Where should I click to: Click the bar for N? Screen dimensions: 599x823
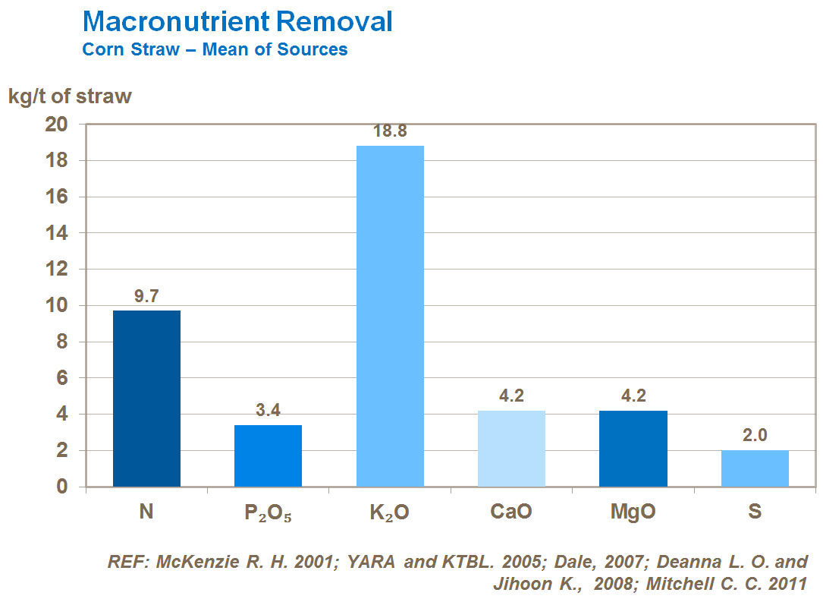point(146,399)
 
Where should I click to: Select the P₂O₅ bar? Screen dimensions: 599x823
point(268,456)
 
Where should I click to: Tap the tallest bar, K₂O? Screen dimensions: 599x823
point(390,316)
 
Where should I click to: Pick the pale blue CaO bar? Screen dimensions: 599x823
point(511,449)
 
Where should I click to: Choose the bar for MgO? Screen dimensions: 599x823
point(633,449)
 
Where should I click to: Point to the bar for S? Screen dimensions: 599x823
point(755,468)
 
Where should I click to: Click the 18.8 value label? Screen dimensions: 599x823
point(390,131)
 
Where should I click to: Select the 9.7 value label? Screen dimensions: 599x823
point(146,296)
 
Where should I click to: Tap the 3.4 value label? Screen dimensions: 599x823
point(268,411)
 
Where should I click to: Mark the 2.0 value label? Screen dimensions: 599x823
point(755,436)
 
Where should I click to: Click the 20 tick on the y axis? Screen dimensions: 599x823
point(58,125)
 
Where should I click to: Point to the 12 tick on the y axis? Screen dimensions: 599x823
point(58,270)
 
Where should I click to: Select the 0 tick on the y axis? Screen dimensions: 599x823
point(64,487)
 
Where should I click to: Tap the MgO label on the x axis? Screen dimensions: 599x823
point(633,512)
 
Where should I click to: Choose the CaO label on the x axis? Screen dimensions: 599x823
point(511,512)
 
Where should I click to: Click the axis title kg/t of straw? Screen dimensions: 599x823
point(70,96)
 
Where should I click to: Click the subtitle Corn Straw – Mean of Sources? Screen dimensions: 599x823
point(215,49)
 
